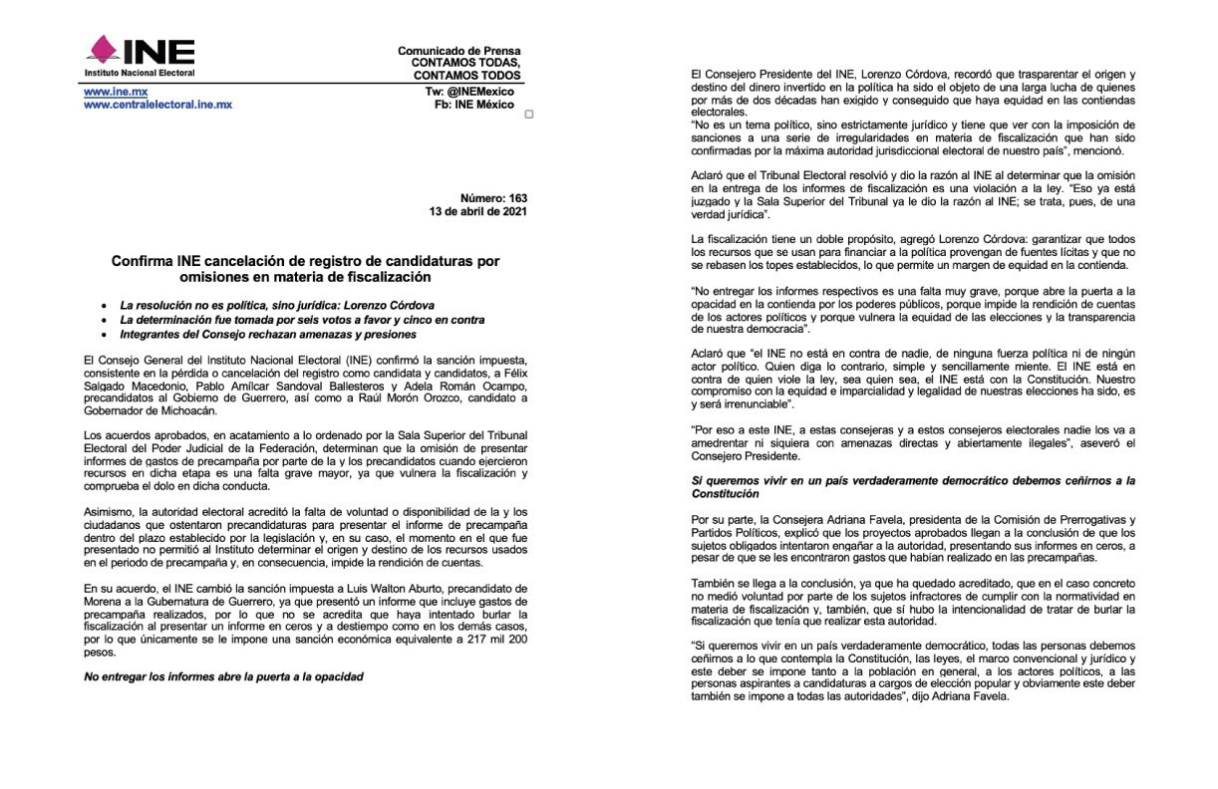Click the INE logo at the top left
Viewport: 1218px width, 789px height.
coord(139,51)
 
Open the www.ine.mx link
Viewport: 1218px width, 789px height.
coord(109,91)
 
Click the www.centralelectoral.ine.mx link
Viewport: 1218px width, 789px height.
coord(157,104)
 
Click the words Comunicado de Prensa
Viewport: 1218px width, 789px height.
coord(458,51)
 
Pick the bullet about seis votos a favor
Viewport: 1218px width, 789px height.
coord(302,320)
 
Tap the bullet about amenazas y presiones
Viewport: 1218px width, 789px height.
coord(268,336)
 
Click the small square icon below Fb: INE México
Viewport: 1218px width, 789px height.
coord(528,114)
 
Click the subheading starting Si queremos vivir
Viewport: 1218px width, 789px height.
coord(912,487)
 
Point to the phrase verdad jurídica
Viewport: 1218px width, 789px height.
coord(730,214)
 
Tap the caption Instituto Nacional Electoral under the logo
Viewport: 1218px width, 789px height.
coord(139,73)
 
